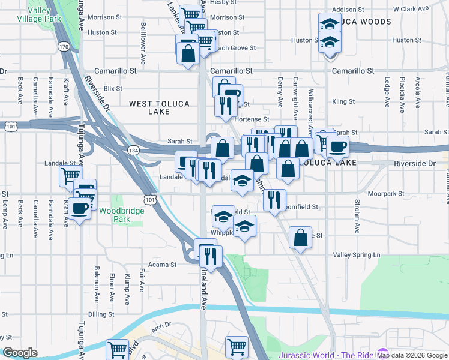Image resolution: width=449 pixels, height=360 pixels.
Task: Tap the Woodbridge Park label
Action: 115,215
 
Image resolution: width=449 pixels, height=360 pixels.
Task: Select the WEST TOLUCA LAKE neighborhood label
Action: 160,108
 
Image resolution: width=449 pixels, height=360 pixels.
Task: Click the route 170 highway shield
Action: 64,47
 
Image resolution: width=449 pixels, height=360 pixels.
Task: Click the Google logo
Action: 20,353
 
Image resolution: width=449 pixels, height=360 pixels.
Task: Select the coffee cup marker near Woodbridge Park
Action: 79,208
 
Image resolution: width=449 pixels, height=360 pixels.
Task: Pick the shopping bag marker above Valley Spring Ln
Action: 300,237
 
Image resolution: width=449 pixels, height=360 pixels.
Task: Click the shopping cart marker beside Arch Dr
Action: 117,349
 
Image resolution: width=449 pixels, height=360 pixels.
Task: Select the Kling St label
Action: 343,101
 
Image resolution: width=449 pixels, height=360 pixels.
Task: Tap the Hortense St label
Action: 252,119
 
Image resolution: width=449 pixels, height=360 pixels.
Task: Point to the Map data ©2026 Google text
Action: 412,356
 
